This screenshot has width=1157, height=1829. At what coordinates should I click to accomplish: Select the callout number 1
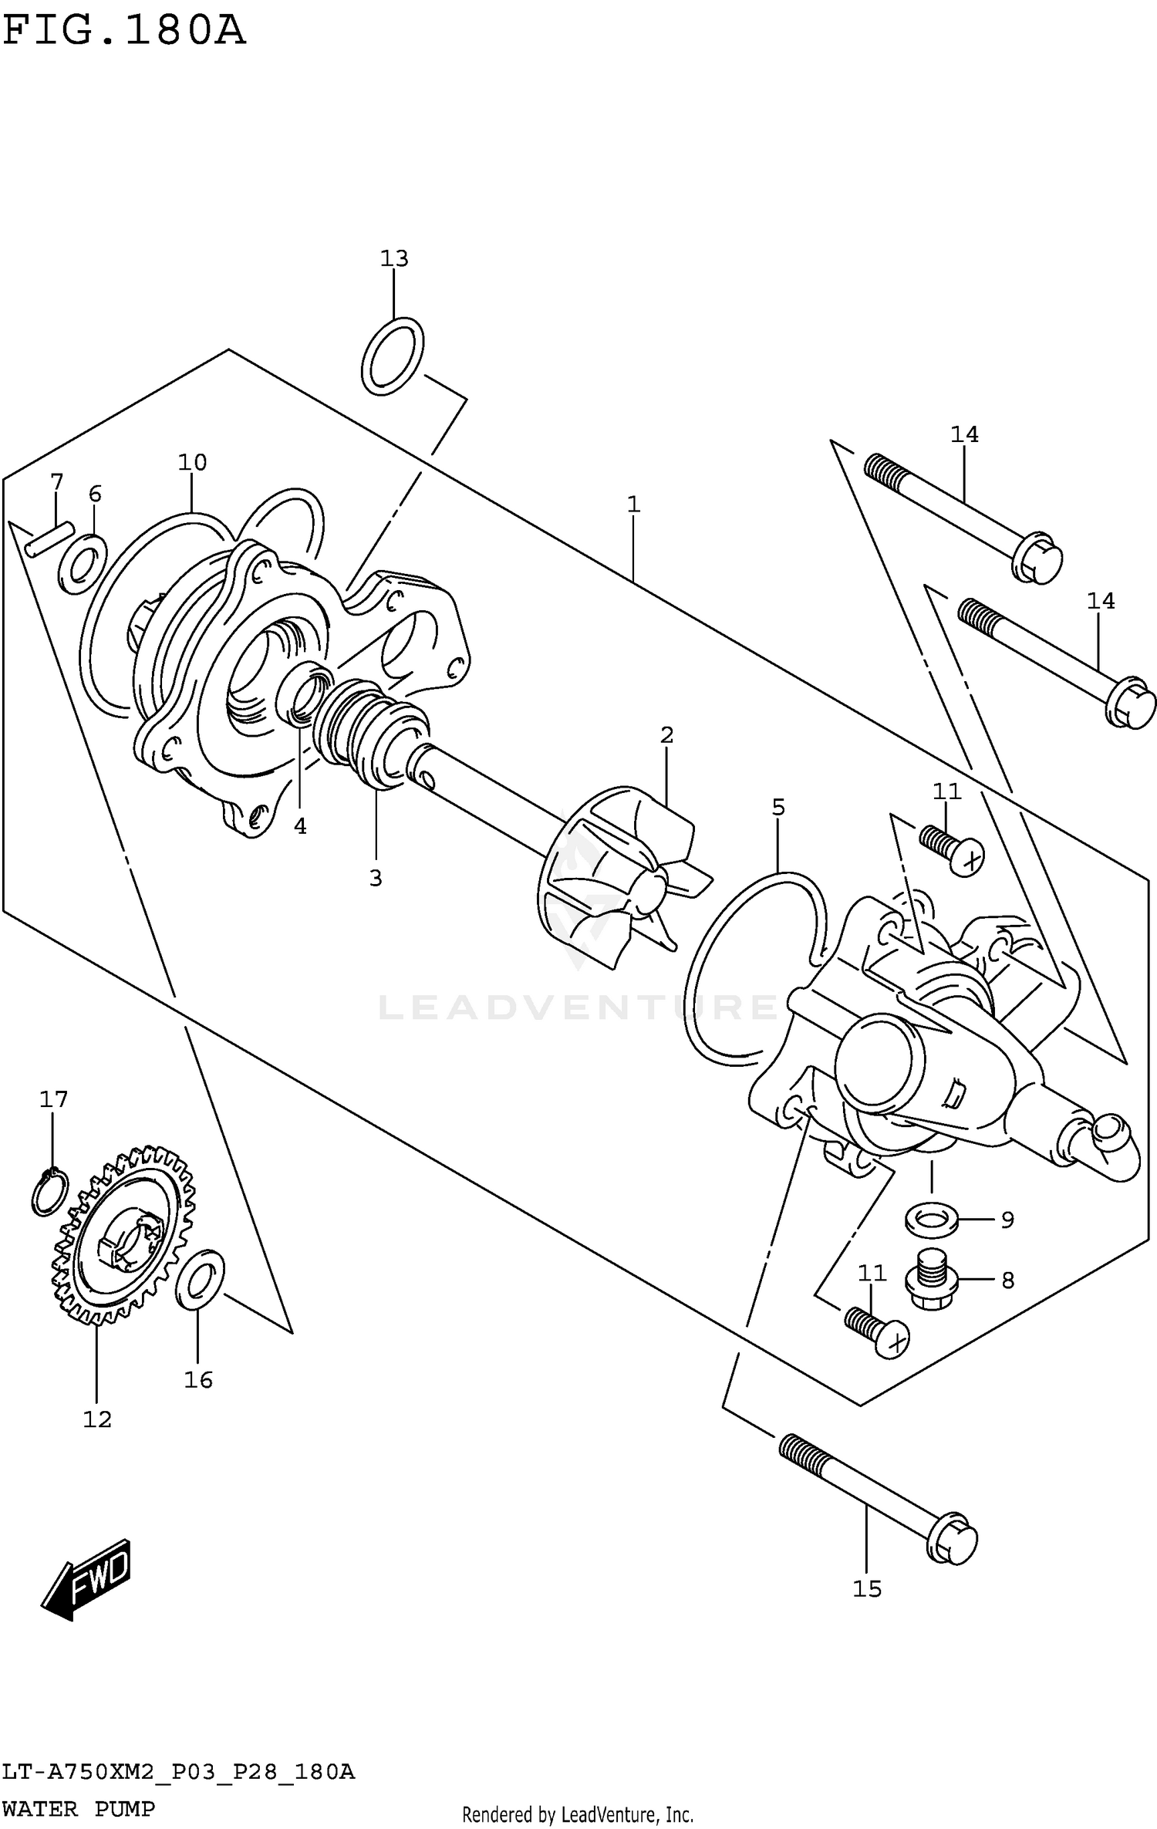pyautogui.click(x=633, y=504)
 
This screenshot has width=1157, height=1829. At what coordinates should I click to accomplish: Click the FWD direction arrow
pyautogui.click(x=86, y=1580)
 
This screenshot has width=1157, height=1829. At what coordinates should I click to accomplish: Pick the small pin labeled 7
pyautogui.click(x=49, y=538)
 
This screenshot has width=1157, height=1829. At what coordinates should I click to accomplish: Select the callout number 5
pyautogui.click(x=778, y=808)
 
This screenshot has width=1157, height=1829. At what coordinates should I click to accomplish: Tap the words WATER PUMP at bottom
pyautogui.click(x=78, y=1808)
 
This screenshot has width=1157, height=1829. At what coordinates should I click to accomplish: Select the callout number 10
pyautogui.click(x=192, y=462)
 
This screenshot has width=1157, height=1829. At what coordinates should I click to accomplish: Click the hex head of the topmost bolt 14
pyautogui.click(x=1037, y=557)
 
